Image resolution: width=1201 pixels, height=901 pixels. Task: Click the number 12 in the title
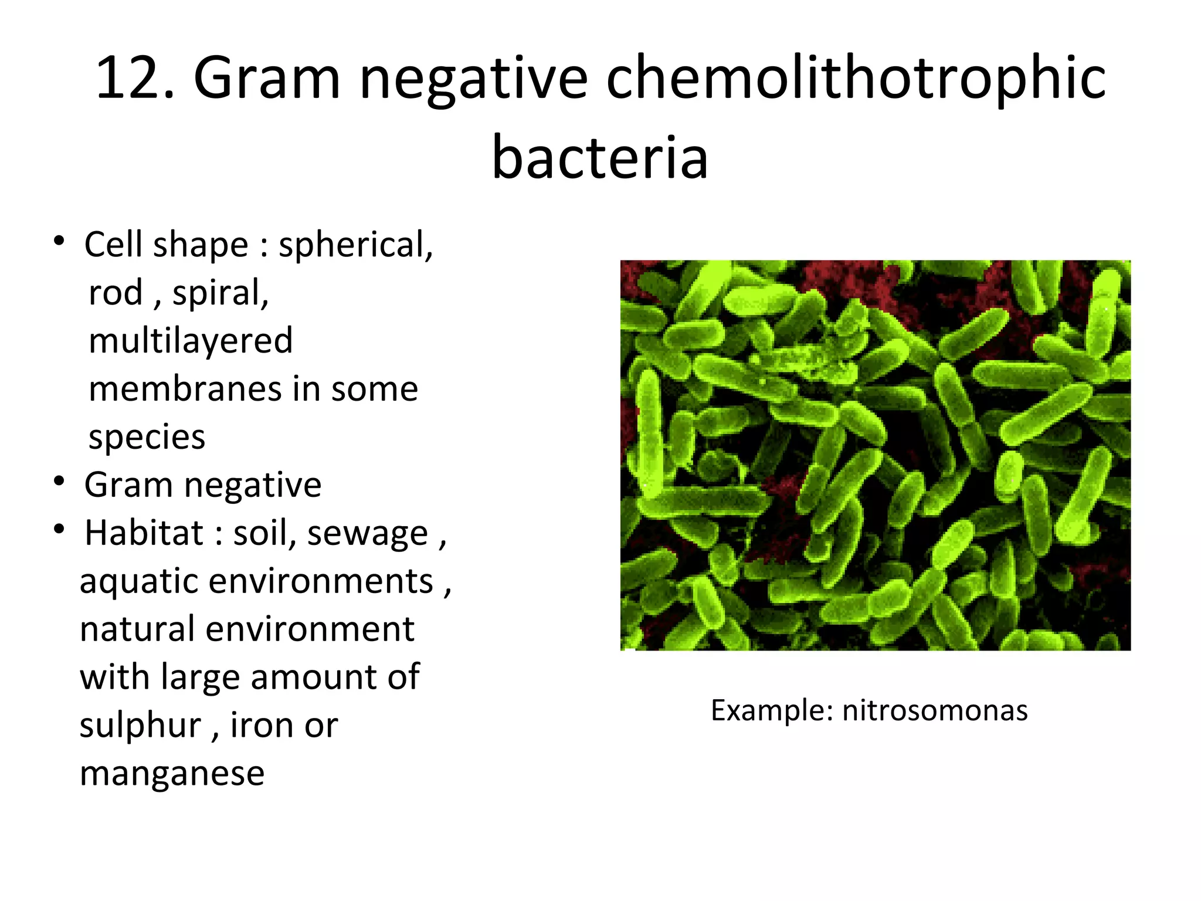(128, 78)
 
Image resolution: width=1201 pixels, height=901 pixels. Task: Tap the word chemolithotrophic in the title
(856, 78)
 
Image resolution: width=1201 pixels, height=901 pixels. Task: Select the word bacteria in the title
(600, 157)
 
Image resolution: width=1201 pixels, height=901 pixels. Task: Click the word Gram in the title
(267, 78)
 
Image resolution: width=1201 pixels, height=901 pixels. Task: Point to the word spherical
(355, 245)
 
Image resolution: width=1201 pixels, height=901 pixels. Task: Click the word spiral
(220, 293)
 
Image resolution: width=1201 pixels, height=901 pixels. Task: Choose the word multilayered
(191, 341)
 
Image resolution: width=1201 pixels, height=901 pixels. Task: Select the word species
(147, 437)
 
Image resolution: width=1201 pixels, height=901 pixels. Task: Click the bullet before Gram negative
(59, 482)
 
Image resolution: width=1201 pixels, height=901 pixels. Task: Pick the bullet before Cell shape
(59, 241)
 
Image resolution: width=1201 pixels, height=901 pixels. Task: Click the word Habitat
(144, 533)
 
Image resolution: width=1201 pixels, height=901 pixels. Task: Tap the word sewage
(368, 534)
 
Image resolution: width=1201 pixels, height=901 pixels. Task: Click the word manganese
(172, 774)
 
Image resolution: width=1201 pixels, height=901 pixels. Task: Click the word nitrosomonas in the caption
(935, 710)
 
